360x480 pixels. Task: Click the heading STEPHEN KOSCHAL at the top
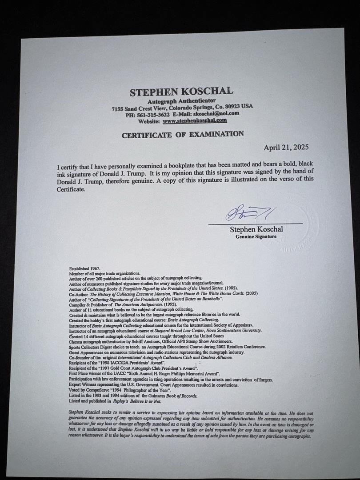pyautogui.click(x=181, y=92)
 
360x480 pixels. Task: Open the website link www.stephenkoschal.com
pyautogui.click(x=195, y=120)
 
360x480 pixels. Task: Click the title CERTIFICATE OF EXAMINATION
pyautogui.click(x=183, y=135)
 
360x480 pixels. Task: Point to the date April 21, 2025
pyautogui.click(x=286, y=148)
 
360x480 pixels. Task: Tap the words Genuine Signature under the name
pyautogui.click(x=256, y=237)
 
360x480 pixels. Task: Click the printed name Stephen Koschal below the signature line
pyautogui.click(x=256, y=230)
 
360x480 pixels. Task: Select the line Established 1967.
pyautogui.click(x=85, y=268)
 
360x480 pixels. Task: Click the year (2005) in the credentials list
pyautogui.click(x=251, y=293)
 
